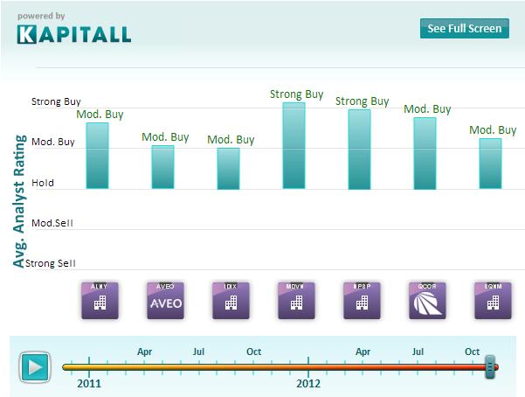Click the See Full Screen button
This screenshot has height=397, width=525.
click(464, 28)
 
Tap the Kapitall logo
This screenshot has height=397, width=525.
click(74, 34)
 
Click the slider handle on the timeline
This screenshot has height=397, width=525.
click(490, 366)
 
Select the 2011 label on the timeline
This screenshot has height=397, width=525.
click(89, 383)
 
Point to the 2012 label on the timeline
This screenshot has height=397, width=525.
click(308, 383)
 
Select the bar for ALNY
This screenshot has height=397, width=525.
click(98, 156)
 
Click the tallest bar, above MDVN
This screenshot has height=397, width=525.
click(294, 145)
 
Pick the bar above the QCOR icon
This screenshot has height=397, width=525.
click(425, 153)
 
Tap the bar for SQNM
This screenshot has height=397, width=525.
click(491, 164)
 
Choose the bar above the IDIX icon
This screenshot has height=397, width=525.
click(229, 168)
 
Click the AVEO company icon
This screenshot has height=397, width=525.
click(165, 300)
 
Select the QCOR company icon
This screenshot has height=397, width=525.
click(426, 300)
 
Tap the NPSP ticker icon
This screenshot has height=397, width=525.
click(361, 300)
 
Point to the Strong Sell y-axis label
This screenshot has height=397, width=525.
click(51, 263)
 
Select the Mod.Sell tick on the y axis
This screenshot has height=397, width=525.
click(52, 223)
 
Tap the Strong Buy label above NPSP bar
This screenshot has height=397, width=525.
click(363, 101)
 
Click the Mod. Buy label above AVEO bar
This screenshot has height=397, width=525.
click(165, 137)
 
